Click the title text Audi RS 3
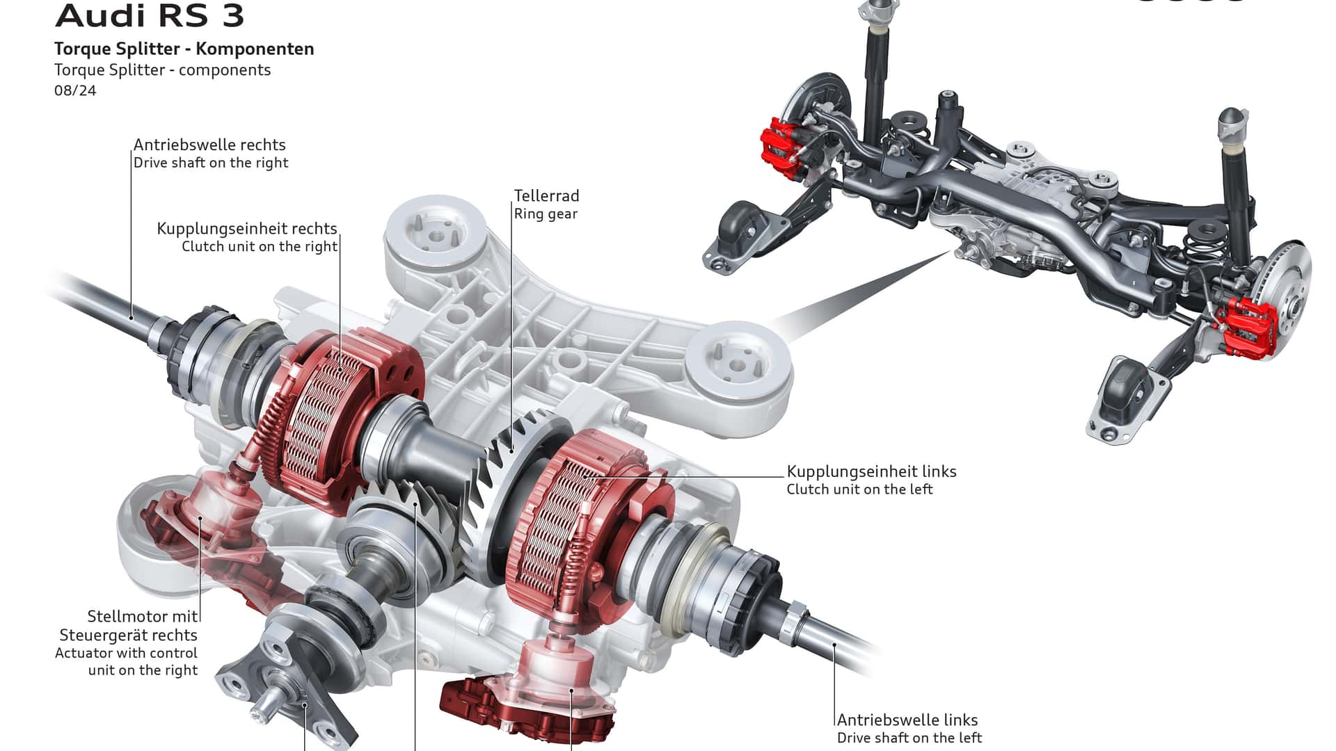click(x=150, y=15)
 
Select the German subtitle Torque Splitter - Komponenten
click(x=184, y=49)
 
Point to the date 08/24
click(x=75, y=90)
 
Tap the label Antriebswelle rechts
click(x=209, y=145)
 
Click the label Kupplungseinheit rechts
click(x=247, y=229)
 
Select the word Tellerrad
click(x=547, y=196)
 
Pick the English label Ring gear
click(x=546, y=214)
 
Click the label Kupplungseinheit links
click(x=872, y=471)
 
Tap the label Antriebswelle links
click(x=907, y=720)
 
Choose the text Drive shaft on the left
click(x=909, y=738)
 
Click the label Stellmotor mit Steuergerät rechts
click(x=129, y=626)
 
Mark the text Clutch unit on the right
click(x=260, y=246)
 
